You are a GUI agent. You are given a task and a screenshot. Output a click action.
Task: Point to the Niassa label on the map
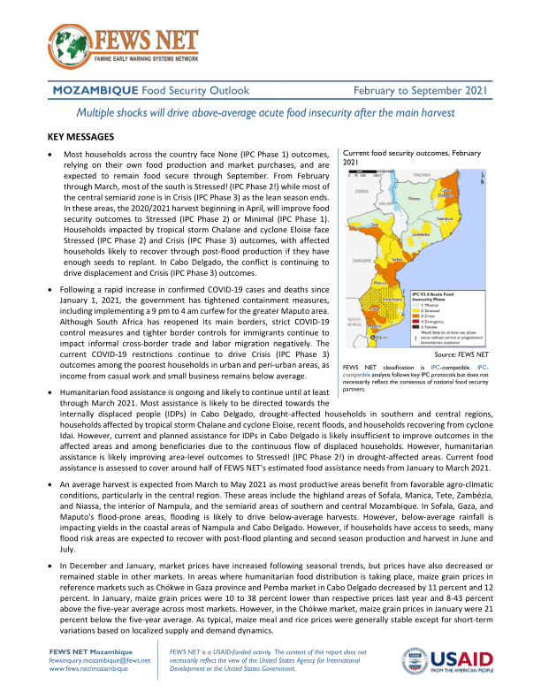click(x=415, y=199)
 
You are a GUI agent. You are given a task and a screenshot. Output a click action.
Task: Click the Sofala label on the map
click(x=397, y=259)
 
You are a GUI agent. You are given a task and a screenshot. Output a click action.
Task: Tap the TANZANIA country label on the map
click(x=421, y=176)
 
